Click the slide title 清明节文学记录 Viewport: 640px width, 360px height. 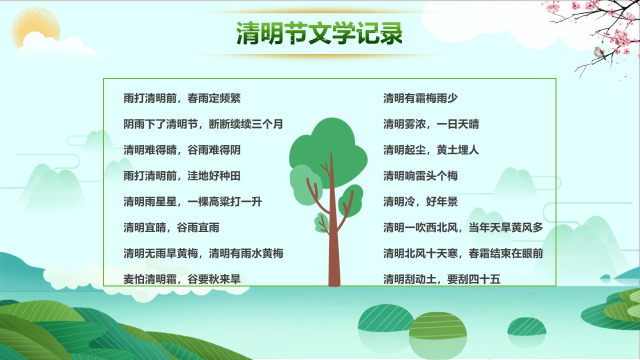click(x=319, y=33)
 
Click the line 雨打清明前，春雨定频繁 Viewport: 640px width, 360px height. click(x=182, y=98)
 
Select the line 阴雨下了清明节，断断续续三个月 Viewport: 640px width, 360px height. click(x=203, y=124)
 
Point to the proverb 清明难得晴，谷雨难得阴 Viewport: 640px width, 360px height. click(x=182, y=150)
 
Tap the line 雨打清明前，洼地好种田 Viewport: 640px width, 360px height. click(x=182, y=175)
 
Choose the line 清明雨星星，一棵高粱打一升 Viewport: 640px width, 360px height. click(x=192, y=201)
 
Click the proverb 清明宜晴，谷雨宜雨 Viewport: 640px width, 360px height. click(x=171, y=227)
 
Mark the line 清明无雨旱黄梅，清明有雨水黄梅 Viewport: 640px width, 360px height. click(x=203, y=253)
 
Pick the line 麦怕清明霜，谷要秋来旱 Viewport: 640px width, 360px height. click(x=182, y=279)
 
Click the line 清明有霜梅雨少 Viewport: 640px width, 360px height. click(x=420, y=98)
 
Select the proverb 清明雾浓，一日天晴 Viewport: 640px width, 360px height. click(x=431, y=124)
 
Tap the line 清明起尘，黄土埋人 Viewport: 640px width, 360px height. click(x=431, y=150)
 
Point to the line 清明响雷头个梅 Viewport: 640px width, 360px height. click(x=420, y=175)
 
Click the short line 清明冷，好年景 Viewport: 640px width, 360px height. click(x=420, y=201)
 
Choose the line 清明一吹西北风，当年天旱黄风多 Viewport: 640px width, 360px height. click(x=463, y=227)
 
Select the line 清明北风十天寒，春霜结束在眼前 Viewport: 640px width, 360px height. click(x=463, y=253)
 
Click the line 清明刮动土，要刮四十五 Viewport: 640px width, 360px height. click(x=441, y=279)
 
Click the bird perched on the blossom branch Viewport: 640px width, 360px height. click(x=599, y=53)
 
